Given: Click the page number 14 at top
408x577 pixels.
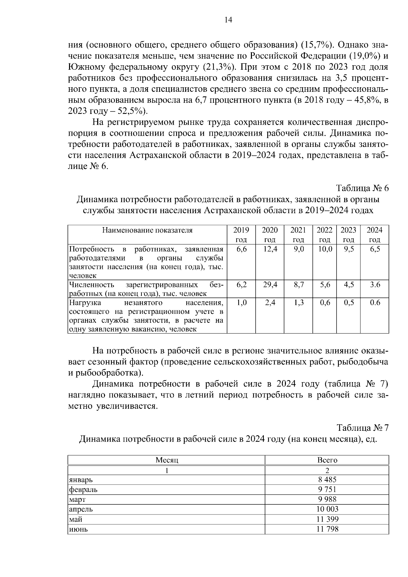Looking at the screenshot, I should (x=228, y=20).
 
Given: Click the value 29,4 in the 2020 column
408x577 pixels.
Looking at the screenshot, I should (x=270, y=285).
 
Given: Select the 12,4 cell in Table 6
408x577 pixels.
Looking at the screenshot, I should (x=270, y=249).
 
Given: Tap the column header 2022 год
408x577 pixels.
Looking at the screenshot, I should (x=325, y=235).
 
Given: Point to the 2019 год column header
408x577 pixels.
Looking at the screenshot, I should (x=241, y=235).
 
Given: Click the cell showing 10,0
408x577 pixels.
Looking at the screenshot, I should (x=325, y=249).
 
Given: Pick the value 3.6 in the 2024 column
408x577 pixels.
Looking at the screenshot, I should (x=375, y=285).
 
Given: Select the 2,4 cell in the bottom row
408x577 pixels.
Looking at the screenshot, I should (x=270, y=303).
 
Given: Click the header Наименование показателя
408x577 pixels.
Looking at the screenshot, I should (x=148, y=230).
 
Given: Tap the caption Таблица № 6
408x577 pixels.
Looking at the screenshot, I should (x=362, y=188).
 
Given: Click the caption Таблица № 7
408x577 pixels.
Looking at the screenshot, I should (x=362, y=428).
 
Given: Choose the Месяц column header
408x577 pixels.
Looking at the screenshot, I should (x=167, y=460).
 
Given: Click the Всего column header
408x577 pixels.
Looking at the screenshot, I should (x=327, y=460).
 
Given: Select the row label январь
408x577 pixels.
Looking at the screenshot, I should (x=81, y=480).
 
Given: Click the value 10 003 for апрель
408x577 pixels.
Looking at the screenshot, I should (x=327, y=509).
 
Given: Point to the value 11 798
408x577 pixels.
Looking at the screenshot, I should (x=327, y=529).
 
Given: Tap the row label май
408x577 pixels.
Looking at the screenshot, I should (x=75, y=519).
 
